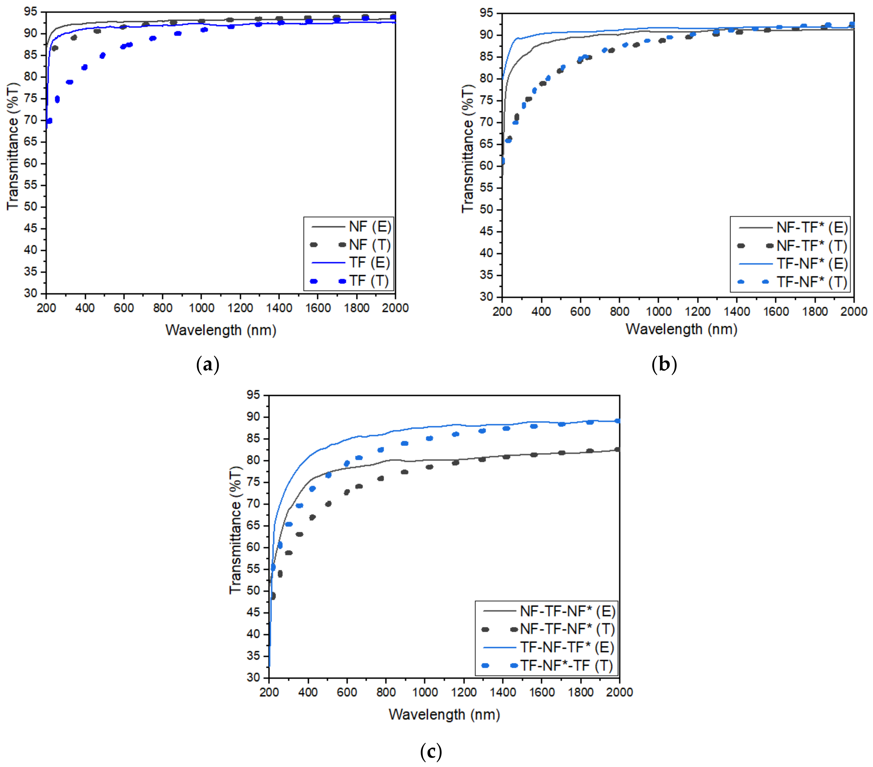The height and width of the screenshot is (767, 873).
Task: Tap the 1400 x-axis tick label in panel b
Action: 737,311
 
